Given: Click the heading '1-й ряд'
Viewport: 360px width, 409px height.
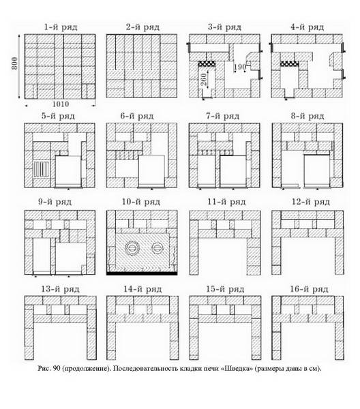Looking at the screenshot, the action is tap(61, 27).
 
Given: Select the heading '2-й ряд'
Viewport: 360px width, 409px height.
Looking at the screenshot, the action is tap(142, 27).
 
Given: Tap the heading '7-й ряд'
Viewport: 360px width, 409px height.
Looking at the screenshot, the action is tap(222, 117).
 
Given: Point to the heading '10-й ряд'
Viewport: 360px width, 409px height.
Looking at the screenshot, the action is tap(141, 202).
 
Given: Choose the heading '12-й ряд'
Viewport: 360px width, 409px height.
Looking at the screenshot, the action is tap(311, 202).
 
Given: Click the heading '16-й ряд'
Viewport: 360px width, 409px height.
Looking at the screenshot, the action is tap(309, 289).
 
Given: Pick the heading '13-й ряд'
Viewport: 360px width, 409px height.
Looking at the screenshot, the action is tap(60, 289).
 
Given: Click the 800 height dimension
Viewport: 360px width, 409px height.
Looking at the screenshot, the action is tap(14, 63).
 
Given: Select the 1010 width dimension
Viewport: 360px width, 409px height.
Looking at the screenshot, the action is tap(61, 104).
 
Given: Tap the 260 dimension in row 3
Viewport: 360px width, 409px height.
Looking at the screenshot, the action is tap(204, 80).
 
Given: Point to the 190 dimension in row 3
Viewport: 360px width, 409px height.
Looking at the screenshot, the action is tap(240, 67).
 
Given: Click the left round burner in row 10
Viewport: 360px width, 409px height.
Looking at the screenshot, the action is tap(132, 247).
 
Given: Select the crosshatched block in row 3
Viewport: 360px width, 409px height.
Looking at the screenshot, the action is tap(207, 63).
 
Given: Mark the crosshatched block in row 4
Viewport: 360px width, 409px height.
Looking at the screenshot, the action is tap(289, 63).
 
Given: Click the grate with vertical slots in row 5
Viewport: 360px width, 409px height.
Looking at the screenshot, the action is tap(41, 170).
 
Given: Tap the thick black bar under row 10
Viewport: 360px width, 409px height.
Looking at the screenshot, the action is tap(142, 273).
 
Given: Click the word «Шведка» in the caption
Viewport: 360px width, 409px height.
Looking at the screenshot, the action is tap(237, 369).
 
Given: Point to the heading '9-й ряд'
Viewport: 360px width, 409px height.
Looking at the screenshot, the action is tap(55, 202).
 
